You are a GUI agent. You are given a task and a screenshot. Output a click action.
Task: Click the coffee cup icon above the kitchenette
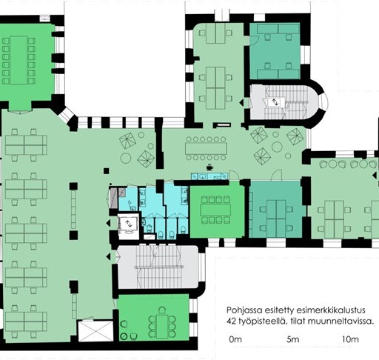pyautogui.click(x=209, y=167)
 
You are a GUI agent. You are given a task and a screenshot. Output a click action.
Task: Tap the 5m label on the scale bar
pyautogui.click(x=293, y=339)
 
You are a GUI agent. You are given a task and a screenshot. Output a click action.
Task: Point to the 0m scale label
pyautogui.click(x=235, y=339)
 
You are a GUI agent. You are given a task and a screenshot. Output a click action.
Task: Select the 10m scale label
pyautogui.click(x=350, y=339)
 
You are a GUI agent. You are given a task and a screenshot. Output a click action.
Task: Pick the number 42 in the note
pyautogui.click(x=231, y=321)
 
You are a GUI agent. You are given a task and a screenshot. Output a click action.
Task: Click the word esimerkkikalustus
pyautogui.click(x=331, y=310)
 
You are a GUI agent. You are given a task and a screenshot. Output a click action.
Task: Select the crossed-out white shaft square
pyautogui.click(x=95, y=331)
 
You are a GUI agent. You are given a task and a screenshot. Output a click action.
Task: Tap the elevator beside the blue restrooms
pyautogui.click(x=128, y=224)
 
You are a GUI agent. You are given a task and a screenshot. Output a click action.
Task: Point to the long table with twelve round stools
pyautogui.click(x=206, y=148)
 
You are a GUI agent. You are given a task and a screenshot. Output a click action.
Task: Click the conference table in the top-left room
pyautogui.click(x=19, y=61)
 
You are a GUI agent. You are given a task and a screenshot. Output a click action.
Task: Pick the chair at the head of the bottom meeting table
pyautogui.click(x=162, y=310)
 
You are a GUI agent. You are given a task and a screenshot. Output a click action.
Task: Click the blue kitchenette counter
pyautogui.click(x=209, y=176)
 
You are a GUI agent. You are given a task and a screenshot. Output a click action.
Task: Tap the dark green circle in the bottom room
pyautogui.click(x=124, y=336)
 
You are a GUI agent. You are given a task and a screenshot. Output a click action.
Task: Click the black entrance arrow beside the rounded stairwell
pyautogui.click(x=242, y=102)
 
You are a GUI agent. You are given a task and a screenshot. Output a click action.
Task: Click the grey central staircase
pyautogui.click(x=158, y=267)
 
